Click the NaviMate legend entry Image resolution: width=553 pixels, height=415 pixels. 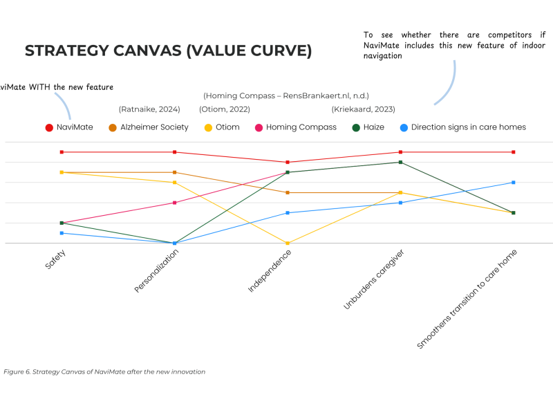(x=69, y=127)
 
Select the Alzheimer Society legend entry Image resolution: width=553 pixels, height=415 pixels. (x=149, y=127)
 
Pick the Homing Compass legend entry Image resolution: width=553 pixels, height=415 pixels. (x=295, y=127)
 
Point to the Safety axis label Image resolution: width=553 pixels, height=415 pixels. (x=56, y=260)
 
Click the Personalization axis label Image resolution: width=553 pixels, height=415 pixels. (x=158, y=270)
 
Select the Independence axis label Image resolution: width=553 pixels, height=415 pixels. (x=270, y=270)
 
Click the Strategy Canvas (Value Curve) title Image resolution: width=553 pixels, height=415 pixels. (x=168, y=51)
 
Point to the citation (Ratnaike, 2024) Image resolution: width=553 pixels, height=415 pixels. (x=149, y=109)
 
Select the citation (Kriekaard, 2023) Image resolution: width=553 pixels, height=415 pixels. (x=362, y=109)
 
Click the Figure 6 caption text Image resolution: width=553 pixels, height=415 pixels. (x=104, y=371)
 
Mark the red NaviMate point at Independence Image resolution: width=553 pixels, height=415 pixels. (x=288, y=162)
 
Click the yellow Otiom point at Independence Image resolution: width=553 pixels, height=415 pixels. (x=288, y=243)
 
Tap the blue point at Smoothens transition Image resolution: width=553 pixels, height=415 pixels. (x=513, y=183)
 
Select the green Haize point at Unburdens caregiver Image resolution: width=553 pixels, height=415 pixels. (x=400, y=162)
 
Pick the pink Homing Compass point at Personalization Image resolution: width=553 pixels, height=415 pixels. (x=175, y=203)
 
